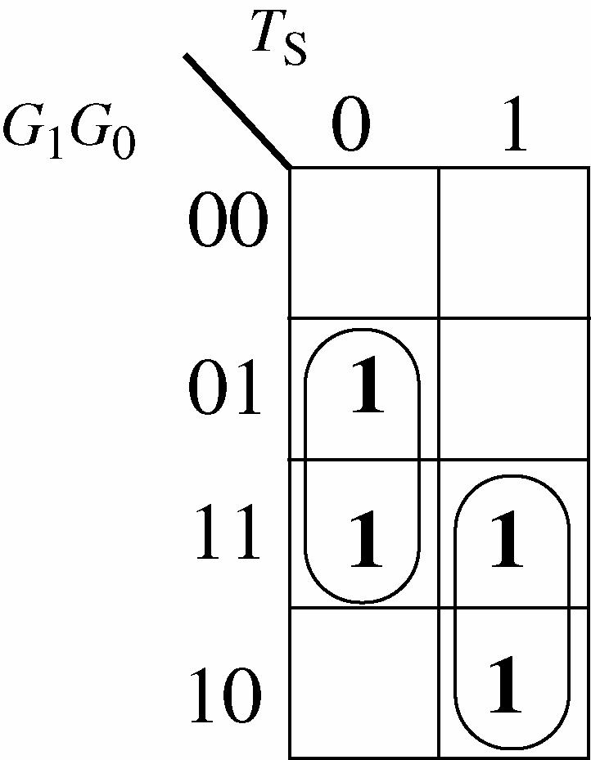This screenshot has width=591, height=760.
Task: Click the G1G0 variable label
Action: (x=69, y=132)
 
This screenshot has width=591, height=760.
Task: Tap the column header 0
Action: (x=351, y=129)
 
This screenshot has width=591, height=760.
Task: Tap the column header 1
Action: (x=515, y=129)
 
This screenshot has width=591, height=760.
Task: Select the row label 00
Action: (x=228, y=223)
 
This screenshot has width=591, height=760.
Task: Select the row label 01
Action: (x=226, y=389)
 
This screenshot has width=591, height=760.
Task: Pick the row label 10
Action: (x=226, y=698)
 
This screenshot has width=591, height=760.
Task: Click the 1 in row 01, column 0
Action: (x=365, y=391)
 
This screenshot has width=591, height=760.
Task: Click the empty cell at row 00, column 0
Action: (x=364, y=242)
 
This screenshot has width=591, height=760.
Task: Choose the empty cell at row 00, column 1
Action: (x=513, y=242)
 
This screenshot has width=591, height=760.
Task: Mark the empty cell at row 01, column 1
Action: (x=513, y=389)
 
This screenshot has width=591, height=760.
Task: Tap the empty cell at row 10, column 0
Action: (x=364, y=682)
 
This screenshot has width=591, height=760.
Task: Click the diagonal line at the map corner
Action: (x=237, y=110)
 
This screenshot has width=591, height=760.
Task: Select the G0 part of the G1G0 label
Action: (x=103, y=133)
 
